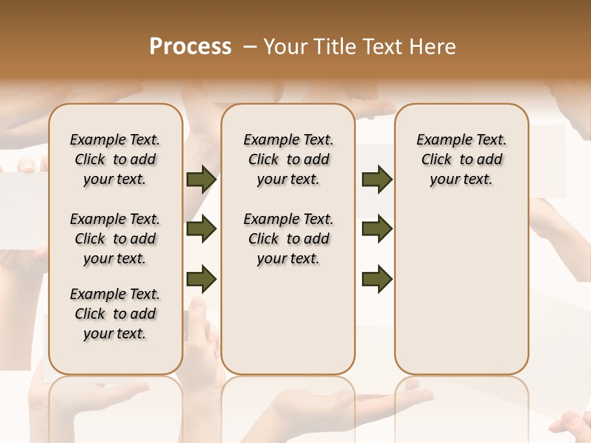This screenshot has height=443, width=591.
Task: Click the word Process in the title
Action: (190, 47)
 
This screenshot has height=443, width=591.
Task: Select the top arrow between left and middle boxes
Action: (201, 180)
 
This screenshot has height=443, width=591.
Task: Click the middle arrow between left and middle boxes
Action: (201, 229)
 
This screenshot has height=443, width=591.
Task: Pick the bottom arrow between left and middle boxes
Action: (201, 279)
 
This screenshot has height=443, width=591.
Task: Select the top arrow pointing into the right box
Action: (377, 180)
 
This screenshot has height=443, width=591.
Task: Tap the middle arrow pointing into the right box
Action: (377, 229)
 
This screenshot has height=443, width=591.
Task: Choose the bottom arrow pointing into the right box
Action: (377, 279)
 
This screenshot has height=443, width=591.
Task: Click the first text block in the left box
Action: (115, 159)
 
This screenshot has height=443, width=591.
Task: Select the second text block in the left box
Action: (115, 239)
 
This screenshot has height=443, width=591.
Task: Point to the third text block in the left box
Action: (115, 314)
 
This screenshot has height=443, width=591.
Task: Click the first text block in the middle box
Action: (288, 159)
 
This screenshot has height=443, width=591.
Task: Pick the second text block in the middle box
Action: (288, 239)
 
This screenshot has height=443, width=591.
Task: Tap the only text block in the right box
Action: (461, 159)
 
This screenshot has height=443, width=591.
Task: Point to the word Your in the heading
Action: (286, 47)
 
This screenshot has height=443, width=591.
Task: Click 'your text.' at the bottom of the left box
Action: (115, 333)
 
